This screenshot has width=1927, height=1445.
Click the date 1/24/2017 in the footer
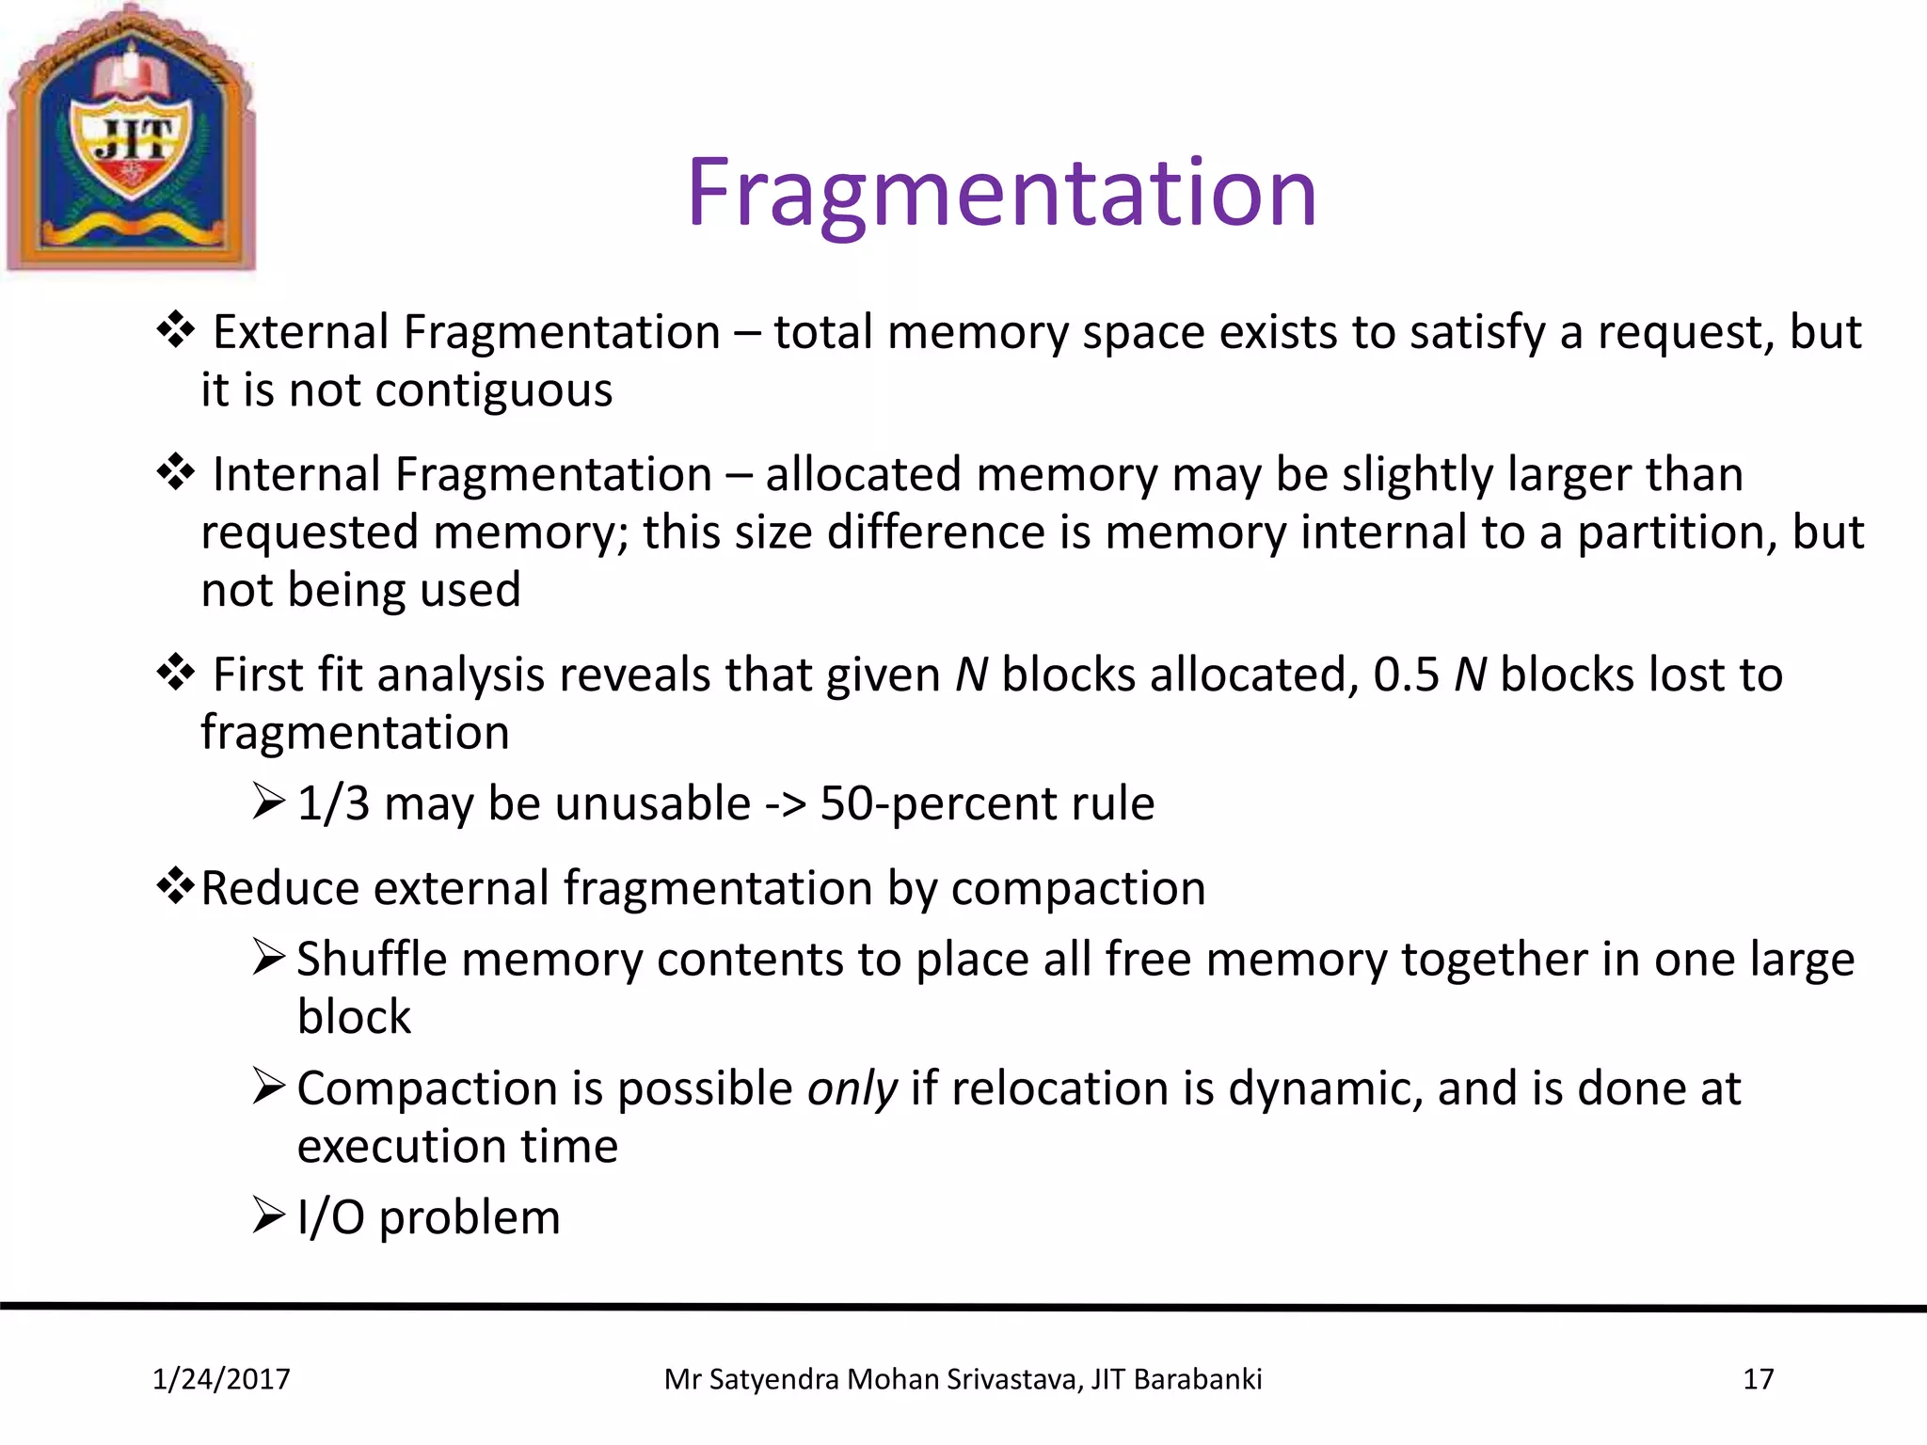point(221,1379)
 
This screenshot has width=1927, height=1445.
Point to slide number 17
point(1758,1379)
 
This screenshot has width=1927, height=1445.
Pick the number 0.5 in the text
point(1406,675)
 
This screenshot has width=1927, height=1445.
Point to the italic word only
point(852,1089)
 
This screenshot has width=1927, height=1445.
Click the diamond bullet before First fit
point(175,673)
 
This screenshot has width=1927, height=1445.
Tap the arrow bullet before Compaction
point(268,1087)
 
